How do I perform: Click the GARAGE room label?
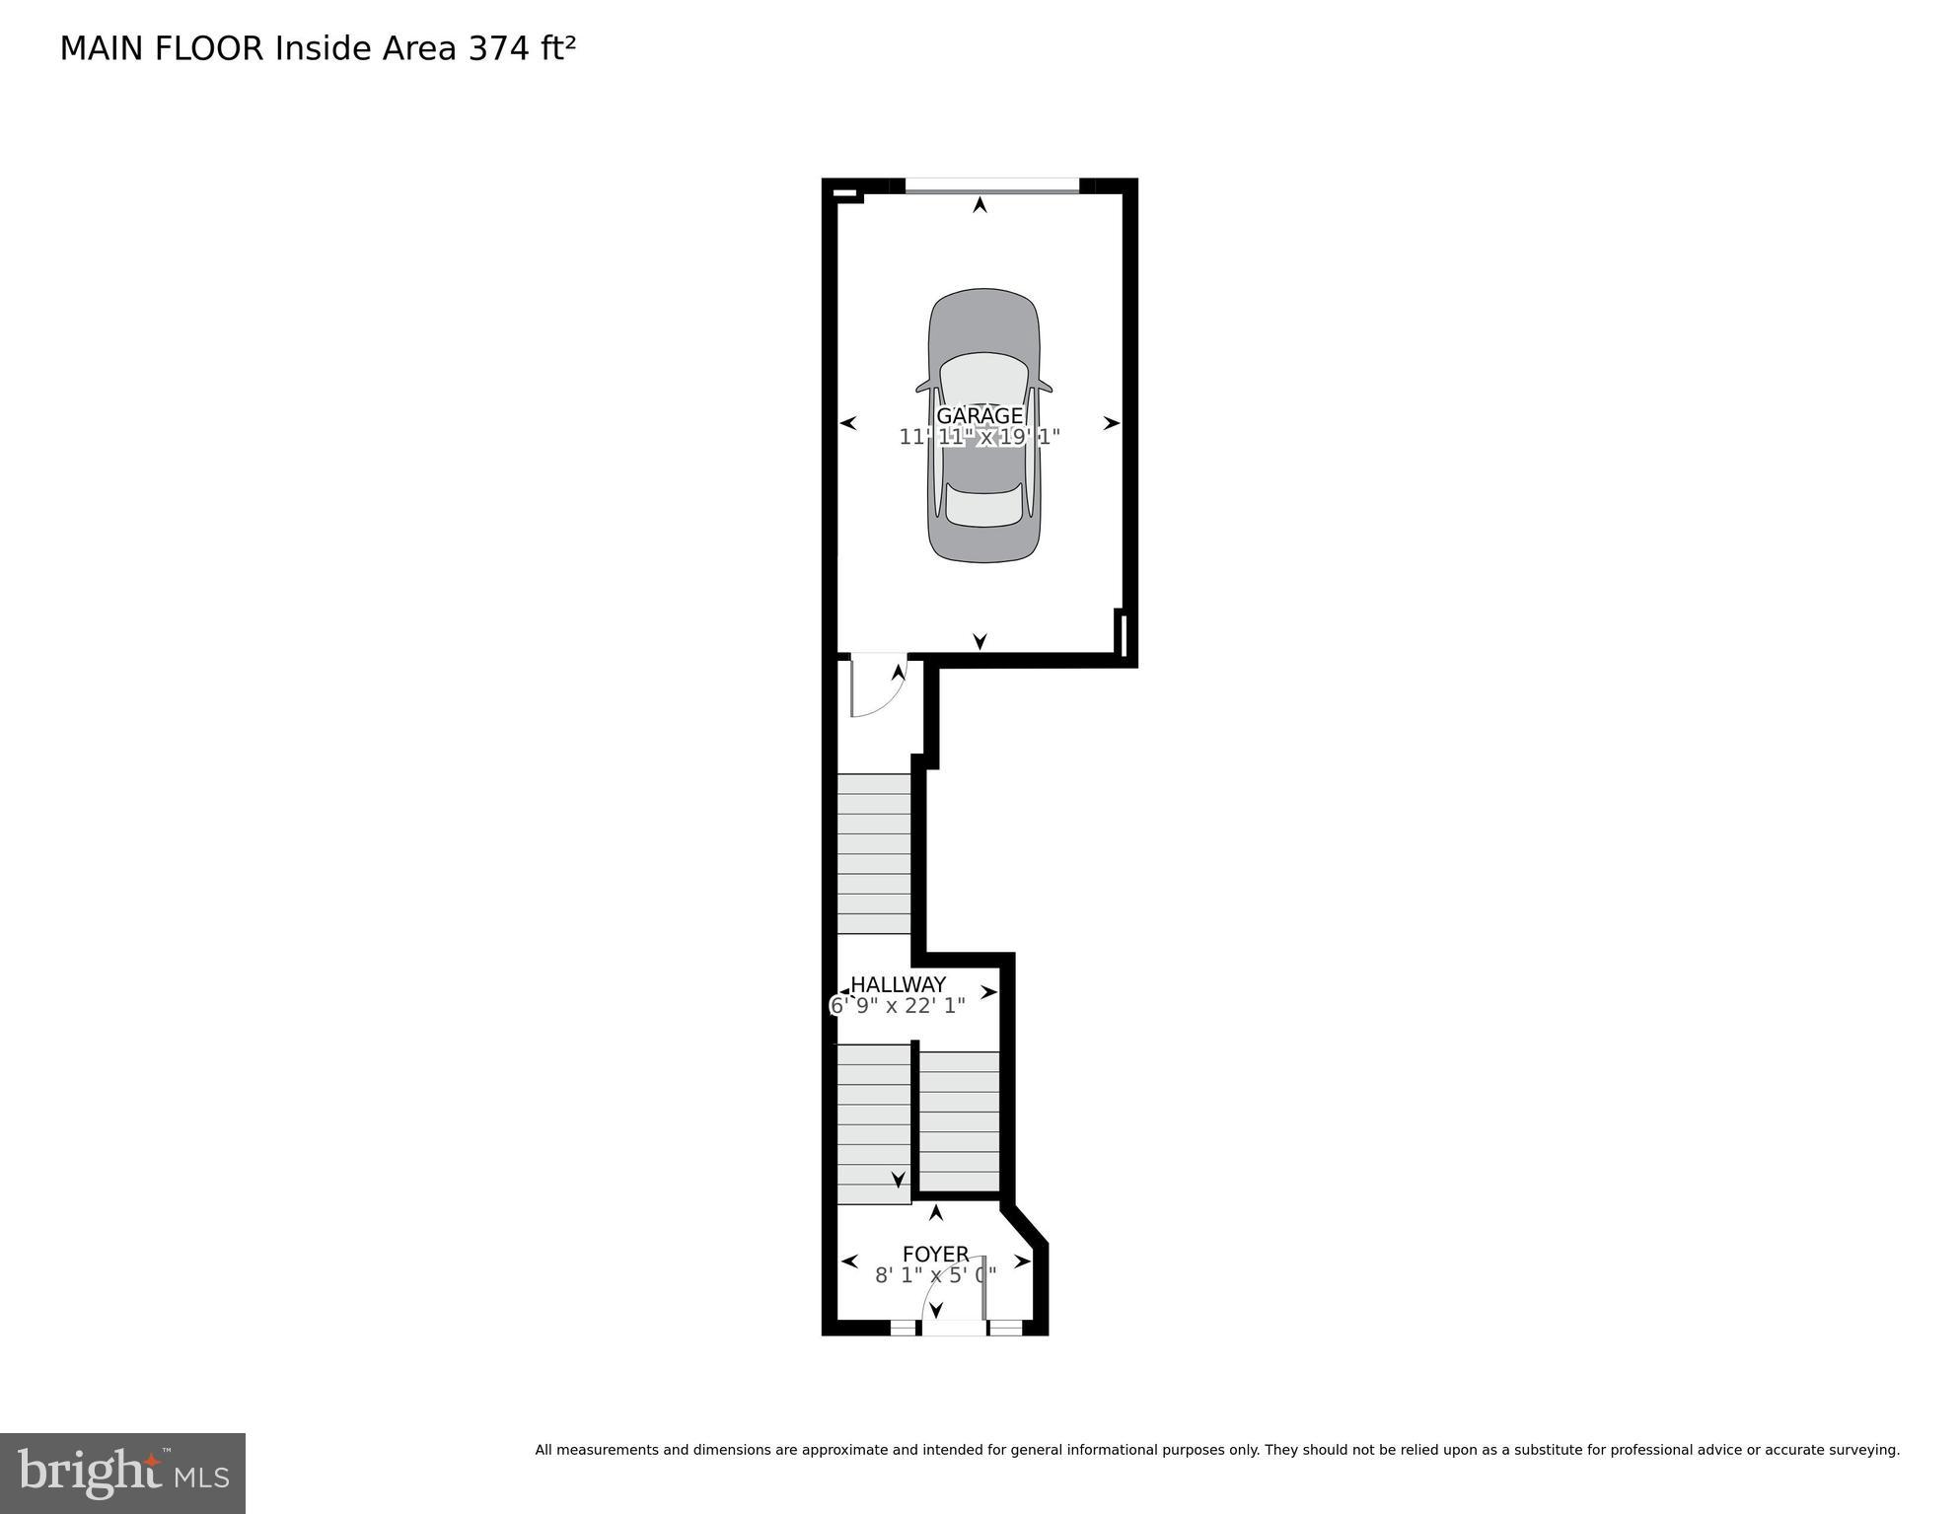point(979,416)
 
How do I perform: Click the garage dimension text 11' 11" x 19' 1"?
point(979,437)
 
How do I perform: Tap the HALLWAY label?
point(898,984)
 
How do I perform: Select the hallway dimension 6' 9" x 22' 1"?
point(898,1006)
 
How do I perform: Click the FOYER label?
point(935,1254)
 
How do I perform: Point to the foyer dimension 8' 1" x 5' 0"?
point(935,1274)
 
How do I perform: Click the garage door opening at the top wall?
point(991,185)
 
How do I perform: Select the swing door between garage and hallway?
point(877,685)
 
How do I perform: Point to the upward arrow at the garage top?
point(980,205)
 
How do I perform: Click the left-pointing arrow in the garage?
point(847,423)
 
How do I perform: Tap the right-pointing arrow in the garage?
point(1112,423)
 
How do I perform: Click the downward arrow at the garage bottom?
point(980,641)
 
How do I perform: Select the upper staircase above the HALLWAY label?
point(874,853)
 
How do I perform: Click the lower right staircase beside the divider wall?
point(960,1121)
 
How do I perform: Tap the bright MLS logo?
point(122,1474)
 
